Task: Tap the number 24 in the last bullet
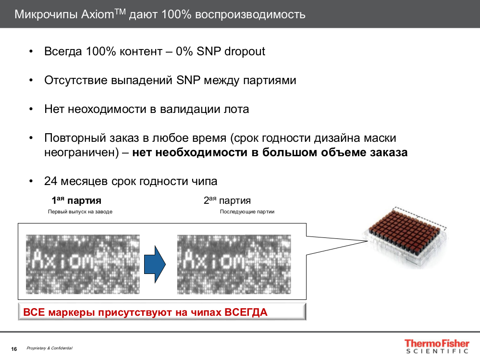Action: click(x=51, y=181)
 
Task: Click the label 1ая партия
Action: click(x=76, y=200)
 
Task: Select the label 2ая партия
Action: click(x=227, y=200)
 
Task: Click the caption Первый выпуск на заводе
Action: click(x=80, y=211)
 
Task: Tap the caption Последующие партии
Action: click(x=247, y=211)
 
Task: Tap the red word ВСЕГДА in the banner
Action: click(x=246, y=312)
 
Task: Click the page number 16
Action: click(x=14, y=348)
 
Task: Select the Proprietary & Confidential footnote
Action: click(x=49, y=348)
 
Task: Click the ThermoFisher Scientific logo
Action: click(x=436, y=347)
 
